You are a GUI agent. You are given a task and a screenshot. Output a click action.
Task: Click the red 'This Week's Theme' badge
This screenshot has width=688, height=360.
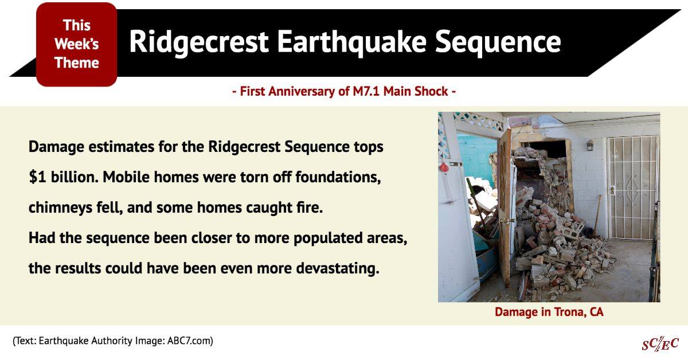tap(76, 44)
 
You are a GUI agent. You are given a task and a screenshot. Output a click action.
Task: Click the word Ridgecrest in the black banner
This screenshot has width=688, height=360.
tap(199, 42)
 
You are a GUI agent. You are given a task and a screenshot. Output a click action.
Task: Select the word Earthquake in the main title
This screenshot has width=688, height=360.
tap(351, 42)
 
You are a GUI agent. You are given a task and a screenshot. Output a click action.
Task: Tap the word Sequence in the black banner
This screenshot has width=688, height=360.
tap(498, 42)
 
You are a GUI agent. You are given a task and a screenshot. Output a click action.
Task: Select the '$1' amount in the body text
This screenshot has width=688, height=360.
tap(37, 177)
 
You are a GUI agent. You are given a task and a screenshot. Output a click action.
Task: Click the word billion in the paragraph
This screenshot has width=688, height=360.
tap(75, 177)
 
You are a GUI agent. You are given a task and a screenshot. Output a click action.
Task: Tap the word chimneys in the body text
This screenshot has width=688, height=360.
tap(60, 208)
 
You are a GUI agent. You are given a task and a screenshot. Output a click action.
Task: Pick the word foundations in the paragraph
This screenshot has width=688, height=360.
tap(338, 177)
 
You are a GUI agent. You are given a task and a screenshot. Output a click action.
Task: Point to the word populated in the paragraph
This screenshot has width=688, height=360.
tap(328, 238)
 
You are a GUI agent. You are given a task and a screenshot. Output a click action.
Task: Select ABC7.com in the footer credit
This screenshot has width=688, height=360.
tap(190, 341)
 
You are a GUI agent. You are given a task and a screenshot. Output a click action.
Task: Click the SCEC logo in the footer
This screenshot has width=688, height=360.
tap(660, 345)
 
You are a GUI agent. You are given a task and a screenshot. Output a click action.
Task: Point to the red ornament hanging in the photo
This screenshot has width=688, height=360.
tap(444, 167)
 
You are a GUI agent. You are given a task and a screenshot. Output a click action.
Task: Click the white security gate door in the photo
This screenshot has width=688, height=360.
tap(632, 187)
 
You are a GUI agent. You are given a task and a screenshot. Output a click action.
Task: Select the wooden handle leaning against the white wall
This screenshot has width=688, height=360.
tap(597, 215)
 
